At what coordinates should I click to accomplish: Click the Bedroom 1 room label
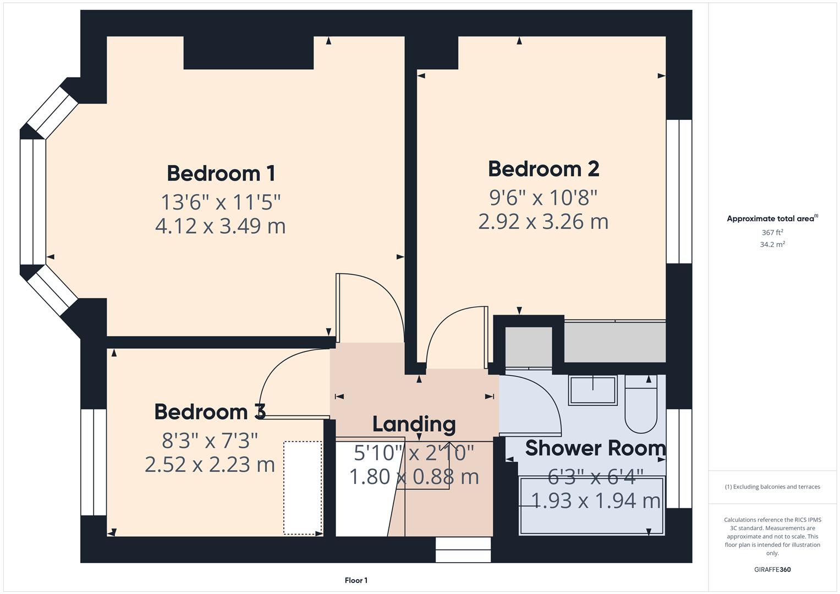[221, 173]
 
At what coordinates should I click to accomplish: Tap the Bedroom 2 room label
[543, 169]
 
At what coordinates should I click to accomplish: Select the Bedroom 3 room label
[210, 411]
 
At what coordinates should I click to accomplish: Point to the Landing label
[414, 424]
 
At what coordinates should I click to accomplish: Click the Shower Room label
[595, 448]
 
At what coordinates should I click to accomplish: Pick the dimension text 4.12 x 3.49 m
[220, 226]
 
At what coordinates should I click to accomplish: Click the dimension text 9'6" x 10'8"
[543, 196]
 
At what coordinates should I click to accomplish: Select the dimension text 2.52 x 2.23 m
[210, 465]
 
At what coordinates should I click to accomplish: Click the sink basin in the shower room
[592, 390]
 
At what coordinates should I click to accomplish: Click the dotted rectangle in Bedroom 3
[303, 488]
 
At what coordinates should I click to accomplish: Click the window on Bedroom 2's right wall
[679, 191]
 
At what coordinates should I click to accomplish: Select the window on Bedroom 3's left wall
[94, 462]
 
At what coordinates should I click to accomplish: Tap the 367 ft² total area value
[772, 233]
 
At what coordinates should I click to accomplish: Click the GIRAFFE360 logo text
[772, 569]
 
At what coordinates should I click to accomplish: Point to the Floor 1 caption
[356, 580]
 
